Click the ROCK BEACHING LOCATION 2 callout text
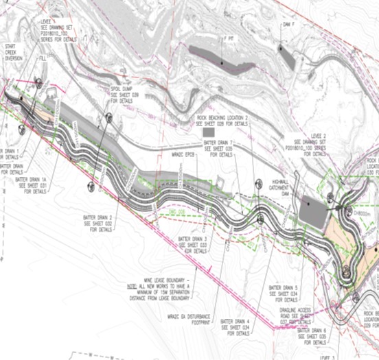(x=221, y=121)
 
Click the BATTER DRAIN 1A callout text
(x=33, y=184)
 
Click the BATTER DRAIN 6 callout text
(x=317, y=334)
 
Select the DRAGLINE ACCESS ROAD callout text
(x=299, y=313)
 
